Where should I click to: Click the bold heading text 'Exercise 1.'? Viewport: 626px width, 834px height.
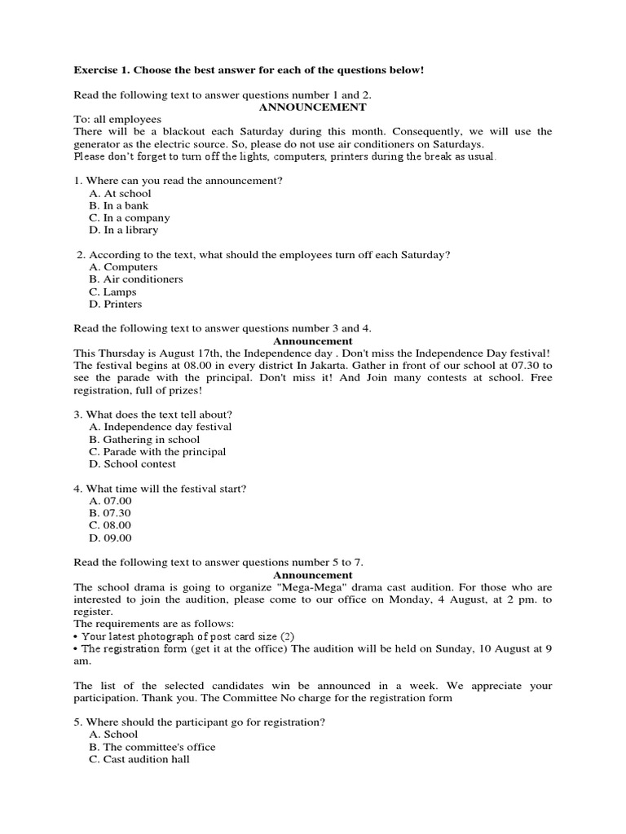click(101, 70)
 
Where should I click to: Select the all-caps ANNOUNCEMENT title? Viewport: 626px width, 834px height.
click(312, 107)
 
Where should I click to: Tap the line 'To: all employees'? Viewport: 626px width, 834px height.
click(117, 119)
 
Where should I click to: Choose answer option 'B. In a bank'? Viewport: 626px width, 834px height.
click(119, 205)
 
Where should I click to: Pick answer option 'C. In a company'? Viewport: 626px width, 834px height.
click(130, 217)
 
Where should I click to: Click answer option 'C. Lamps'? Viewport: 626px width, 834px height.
click(113, 292)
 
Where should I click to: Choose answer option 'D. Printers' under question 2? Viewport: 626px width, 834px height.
click(116, 304)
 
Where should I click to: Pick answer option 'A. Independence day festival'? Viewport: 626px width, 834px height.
click(161, 427)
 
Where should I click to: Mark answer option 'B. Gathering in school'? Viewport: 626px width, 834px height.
click(144, 439)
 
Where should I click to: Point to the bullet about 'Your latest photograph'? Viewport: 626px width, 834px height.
click(187, 635)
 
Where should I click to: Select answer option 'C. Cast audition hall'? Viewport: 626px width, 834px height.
click(139, 759)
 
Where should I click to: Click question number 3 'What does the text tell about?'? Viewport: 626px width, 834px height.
click(152, 414)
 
